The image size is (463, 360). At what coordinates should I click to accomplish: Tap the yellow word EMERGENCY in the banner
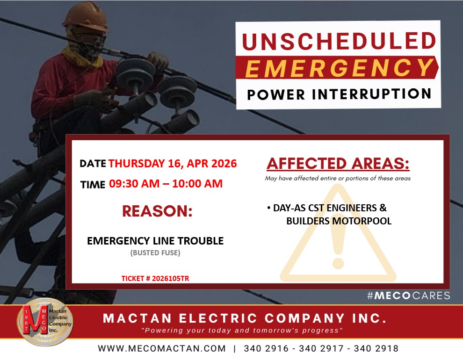tap(339, 68)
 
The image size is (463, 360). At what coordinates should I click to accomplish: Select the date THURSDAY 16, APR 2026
tap(173, 164)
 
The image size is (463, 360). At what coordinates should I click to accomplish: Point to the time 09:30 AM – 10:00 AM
tap(166, 184)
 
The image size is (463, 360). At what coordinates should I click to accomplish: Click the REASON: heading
tap(157, 211)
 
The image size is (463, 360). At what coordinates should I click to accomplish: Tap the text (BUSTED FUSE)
tap(155, 253)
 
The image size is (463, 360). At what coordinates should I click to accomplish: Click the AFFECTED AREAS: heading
tap(338, 164)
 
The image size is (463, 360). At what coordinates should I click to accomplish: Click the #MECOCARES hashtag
tap(409, 295)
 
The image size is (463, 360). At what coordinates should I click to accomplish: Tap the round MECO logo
tap(45, 322)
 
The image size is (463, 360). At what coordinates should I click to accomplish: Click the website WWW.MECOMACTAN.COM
tap(162, 348)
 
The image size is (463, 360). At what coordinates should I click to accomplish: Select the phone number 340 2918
tap(376, 348)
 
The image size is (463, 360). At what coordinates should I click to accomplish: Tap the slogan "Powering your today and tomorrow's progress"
tap(242, 330)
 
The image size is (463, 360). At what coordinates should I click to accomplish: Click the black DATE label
tap(93, 164)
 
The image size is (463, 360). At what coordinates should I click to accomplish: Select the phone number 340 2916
tap(266, 348)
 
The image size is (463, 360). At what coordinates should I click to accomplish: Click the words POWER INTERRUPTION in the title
tap(339, 94)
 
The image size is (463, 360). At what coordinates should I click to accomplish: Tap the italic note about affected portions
tap(338, 178)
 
